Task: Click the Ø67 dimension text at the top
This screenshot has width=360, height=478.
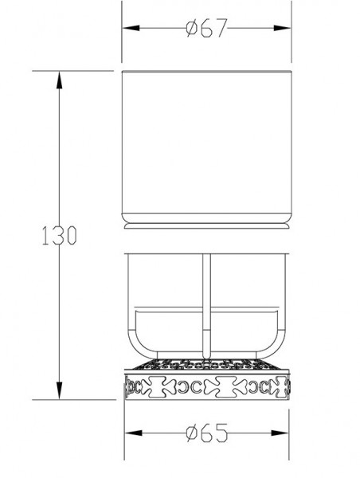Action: click(x=206, y=29)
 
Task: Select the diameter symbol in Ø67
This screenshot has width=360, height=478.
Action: click(x=190, y=29)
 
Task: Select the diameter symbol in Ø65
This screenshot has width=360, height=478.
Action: click(x=190, y=433)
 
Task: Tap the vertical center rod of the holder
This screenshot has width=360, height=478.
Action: click(x=205, y=303)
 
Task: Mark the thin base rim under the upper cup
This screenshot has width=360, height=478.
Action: click(x=205, y=226)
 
